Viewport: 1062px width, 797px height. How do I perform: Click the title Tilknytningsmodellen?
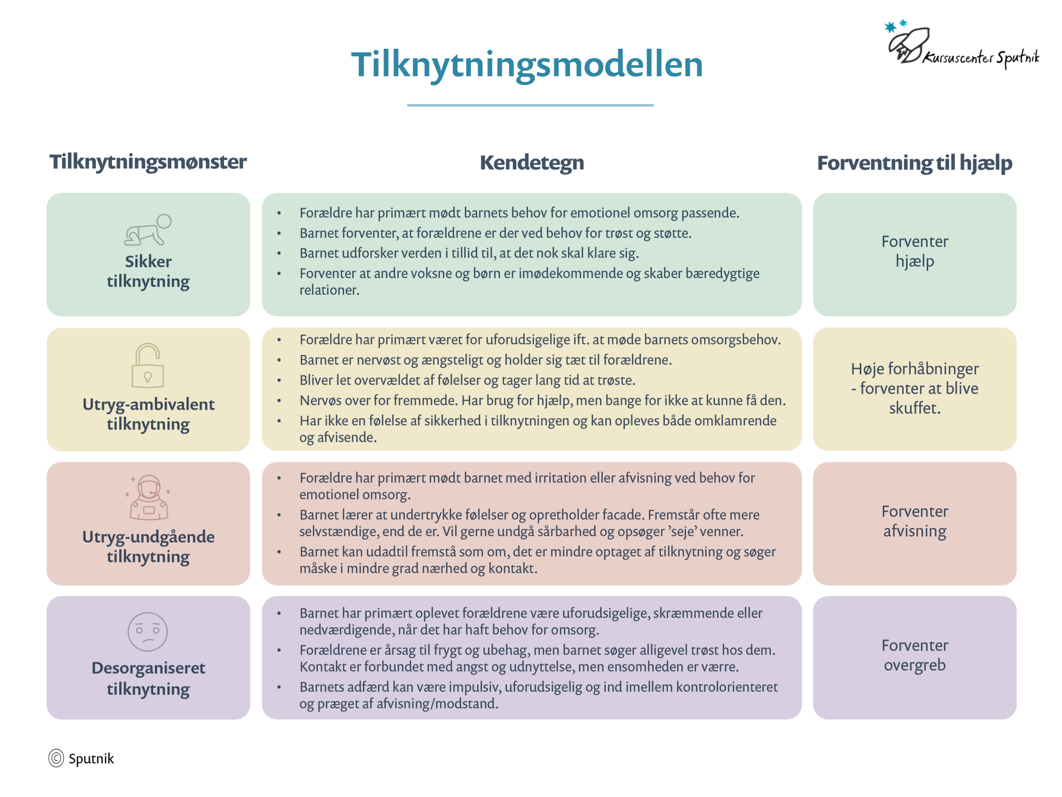tap(527, 65)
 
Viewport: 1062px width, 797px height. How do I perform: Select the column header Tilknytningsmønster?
tap(148, 162)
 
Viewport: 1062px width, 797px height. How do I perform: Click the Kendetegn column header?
tap(532, 163)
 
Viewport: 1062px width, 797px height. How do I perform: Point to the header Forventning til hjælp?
tap(914, 163)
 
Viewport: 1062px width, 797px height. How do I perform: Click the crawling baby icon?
tap(148, 230)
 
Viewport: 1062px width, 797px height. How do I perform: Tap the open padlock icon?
tap(148, 365)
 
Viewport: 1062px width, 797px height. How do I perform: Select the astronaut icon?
tap(149, 497)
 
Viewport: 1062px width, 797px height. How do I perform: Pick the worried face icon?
tap(148, 632)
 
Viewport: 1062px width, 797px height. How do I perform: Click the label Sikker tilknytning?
tap(148, 272)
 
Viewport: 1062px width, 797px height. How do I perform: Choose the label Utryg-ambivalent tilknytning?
tap(148, 414)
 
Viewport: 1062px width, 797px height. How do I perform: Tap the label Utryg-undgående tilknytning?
tap(148, 547)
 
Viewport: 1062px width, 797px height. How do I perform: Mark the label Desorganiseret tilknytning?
tap(148, 678)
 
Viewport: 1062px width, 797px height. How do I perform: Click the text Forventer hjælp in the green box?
tap(915, 251)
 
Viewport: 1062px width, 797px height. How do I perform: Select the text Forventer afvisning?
tap(915, 521)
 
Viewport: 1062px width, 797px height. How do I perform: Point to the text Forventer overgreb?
tap(915, 655)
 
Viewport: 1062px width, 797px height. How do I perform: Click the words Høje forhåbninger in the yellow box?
tap(915, 369)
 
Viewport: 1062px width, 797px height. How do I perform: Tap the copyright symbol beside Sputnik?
tap(56, 758)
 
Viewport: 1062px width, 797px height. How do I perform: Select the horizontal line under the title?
tap(530, 105)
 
